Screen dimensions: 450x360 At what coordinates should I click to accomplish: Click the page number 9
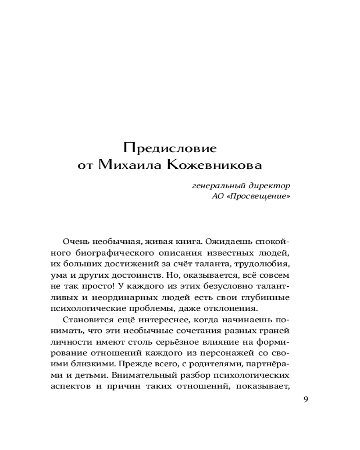tap(306, 399)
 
